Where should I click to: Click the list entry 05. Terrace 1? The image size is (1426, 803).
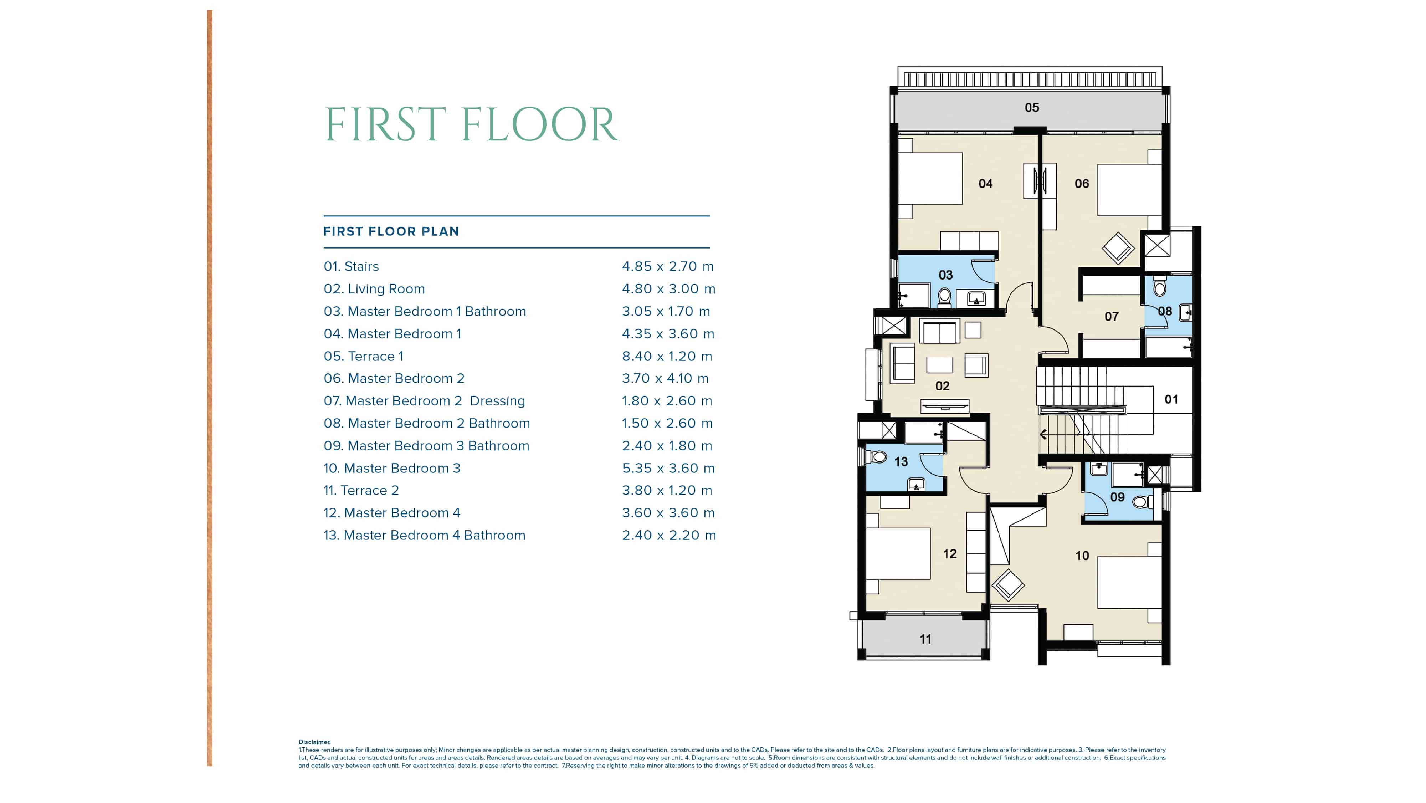click(363, 356)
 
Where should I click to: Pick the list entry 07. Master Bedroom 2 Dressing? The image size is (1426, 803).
click(424, 401)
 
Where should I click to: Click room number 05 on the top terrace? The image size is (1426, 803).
click(1031, 107)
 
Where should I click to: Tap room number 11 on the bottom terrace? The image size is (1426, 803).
click(925, 639)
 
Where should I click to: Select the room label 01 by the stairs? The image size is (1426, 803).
click(1171, 399)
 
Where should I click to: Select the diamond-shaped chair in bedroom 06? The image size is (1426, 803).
click(1118, 248)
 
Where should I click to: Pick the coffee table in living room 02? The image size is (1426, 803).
click(939, 364)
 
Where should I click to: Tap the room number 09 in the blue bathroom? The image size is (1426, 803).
click(1117, 497)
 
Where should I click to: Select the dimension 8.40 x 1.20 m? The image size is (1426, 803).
click(667, 356)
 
